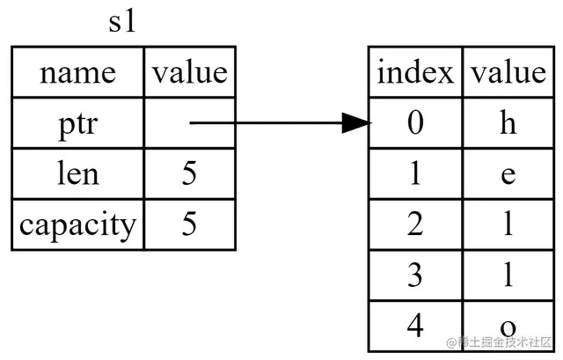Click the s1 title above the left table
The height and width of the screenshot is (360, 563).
click(x=122, y=22)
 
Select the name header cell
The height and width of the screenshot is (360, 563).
click(x=78, y=72)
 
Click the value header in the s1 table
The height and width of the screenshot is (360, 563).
click(x=190, y=72)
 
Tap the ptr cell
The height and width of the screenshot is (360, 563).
click(x=78, y=122)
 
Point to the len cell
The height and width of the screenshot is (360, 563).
click(x=78, y=173)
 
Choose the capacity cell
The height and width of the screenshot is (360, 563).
click(x=78, y=224)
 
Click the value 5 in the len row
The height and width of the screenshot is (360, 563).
click(x=189, y=173)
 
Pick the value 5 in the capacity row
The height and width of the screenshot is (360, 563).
click(x=189, y=224)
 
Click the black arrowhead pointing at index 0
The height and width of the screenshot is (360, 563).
click(x=356, y=123)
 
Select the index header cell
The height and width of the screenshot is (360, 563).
click(x=415, y=72)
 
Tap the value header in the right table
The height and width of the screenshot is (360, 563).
click(x=508, y=72)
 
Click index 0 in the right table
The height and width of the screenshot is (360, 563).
click(x=415, y=122)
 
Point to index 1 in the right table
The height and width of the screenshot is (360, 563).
click(x=415, y=173)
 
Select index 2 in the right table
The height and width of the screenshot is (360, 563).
click(x=415, y=224)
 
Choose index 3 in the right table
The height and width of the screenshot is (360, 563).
click(x=415, y=276)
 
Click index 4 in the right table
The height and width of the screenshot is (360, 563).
click(x=415, y=326)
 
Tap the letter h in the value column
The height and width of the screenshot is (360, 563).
click(x=508, y=122)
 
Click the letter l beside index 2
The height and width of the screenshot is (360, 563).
click(x=508, y=223)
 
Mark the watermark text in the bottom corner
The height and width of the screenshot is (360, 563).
click(x=499, y=342)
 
